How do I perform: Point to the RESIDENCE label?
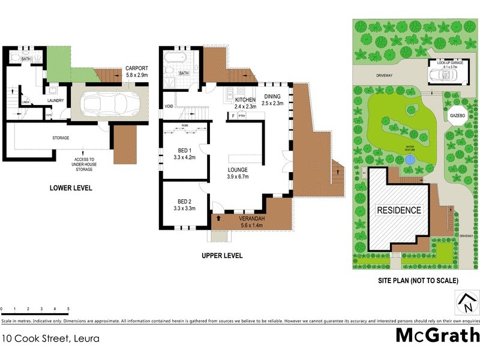pos(399,211)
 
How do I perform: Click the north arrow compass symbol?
pos(466,303)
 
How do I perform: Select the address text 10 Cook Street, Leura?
pos(46,338)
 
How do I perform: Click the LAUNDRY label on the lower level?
pos(56,100)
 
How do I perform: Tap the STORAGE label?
pos(60,138)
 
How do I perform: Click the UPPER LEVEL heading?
pos(222,256)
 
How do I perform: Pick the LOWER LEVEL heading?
pos(71,188)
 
